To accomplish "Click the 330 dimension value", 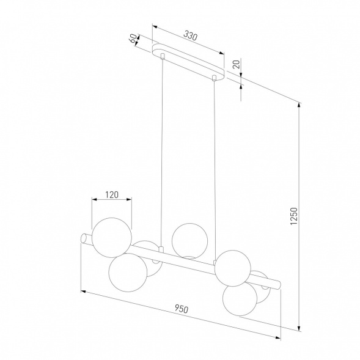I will point(190,37).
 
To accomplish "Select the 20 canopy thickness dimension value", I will point(237,64).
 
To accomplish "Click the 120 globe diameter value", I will point(111,195).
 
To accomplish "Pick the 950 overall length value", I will point(180,308).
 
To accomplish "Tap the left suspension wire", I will point(163,153).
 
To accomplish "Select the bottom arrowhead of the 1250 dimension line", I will point(299,328).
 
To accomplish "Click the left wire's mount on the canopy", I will point(163,57).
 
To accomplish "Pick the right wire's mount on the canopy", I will point(215,78).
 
